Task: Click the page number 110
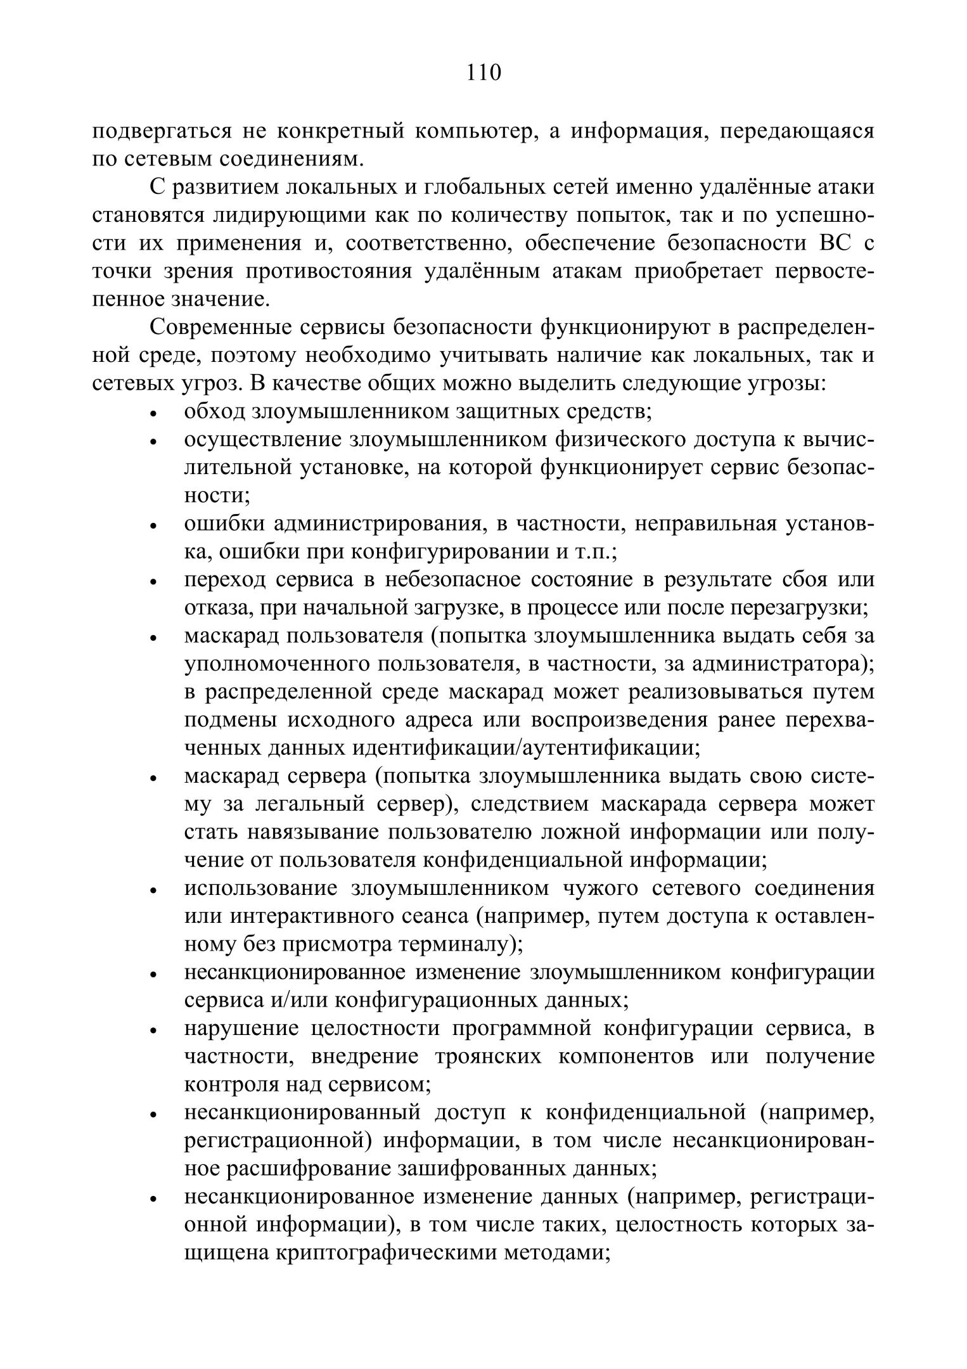coord(483,73)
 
